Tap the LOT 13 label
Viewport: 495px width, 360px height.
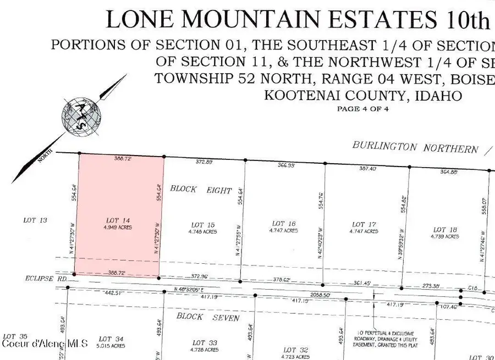(x=36, y=220)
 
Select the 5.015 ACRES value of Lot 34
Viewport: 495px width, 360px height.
(x=111, y=346)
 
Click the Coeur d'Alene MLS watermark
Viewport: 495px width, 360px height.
(x=45, y=344)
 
